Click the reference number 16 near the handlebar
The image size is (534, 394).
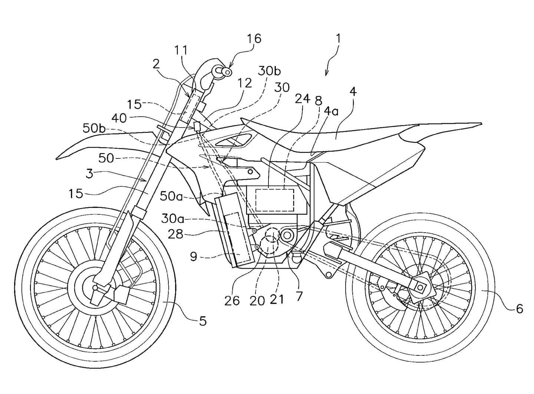click(255, 39)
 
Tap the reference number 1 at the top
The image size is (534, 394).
click(338, 38)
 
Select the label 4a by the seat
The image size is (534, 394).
click(331, 111)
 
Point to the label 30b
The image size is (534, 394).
click(270, 71)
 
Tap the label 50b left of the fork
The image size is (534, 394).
click(94, 128)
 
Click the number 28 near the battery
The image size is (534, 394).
click(175, 234)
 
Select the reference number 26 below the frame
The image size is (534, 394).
click(232, 300)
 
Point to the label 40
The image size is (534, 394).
click(119, 118)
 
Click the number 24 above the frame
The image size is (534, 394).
click(303, 99)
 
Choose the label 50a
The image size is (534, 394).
click(171, 196)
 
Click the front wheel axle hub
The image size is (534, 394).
click(95, 288)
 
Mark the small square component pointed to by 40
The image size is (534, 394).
click(197, 126)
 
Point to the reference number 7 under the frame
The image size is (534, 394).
click(299, 296)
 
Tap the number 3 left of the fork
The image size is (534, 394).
click(89, 173)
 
